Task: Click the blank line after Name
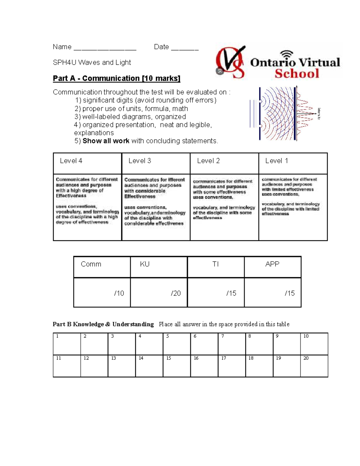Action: coord(105,48)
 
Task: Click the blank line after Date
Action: coord(184,48)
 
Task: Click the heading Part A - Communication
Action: coord(116,78)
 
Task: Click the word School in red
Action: coord(297,74)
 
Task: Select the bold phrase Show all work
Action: coord(106,141)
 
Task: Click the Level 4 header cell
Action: coord(87,163)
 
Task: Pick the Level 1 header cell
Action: coord(293,163)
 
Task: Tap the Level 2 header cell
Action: coord(224,163)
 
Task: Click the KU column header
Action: coord(159,267)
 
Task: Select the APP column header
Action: coord(272,267)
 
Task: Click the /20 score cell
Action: coord(159,293)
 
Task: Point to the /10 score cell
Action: coord(102,293)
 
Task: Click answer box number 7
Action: coord(232,344)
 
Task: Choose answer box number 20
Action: coord(314,366)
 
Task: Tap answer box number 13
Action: coord(121,366)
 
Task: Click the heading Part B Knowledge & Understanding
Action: coord(103,324)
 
